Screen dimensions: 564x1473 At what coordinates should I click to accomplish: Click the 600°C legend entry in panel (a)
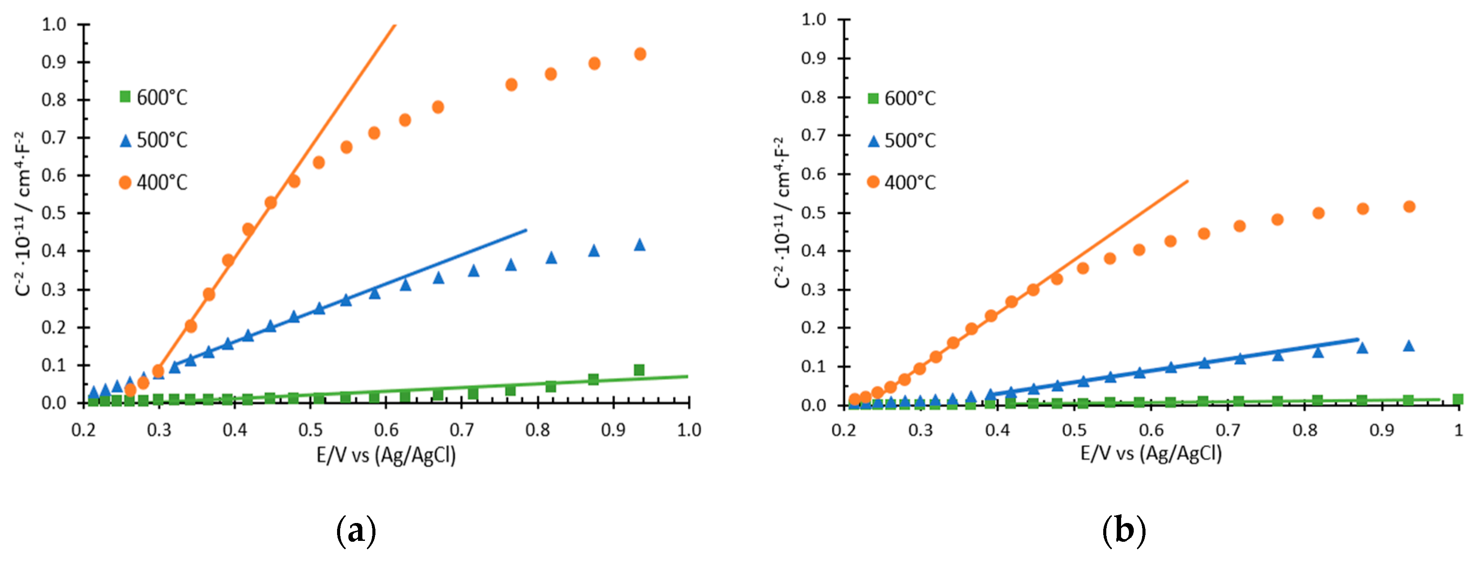pos(153,97)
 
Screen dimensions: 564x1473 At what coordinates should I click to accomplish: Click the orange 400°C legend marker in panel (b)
pos(873,182)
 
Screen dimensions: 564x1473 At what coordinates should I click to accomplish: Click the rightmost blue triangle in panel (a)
pos(640,245)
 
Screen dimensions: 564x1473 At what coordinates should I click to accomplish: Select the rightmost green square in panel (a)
pos(639,370)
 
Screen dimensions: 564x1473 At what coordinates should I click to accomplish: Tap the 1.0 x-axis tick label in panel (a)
pos(689,430)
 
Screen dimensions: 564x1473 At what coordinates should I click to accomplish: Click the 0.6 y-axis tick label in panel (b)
pos(813,174)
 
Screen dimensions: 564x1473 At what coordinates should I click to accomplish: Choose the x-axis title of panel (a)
pos(386,455)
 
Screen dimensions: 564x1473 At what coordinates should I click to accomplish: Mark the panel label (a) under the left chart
pos(356,530)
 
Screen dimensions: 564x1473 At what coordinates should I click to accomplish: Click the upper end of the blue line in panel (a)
pos(525,230)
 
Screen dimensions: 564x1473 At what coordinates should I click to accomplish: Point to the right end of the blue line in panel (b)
pos(1357,339)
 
